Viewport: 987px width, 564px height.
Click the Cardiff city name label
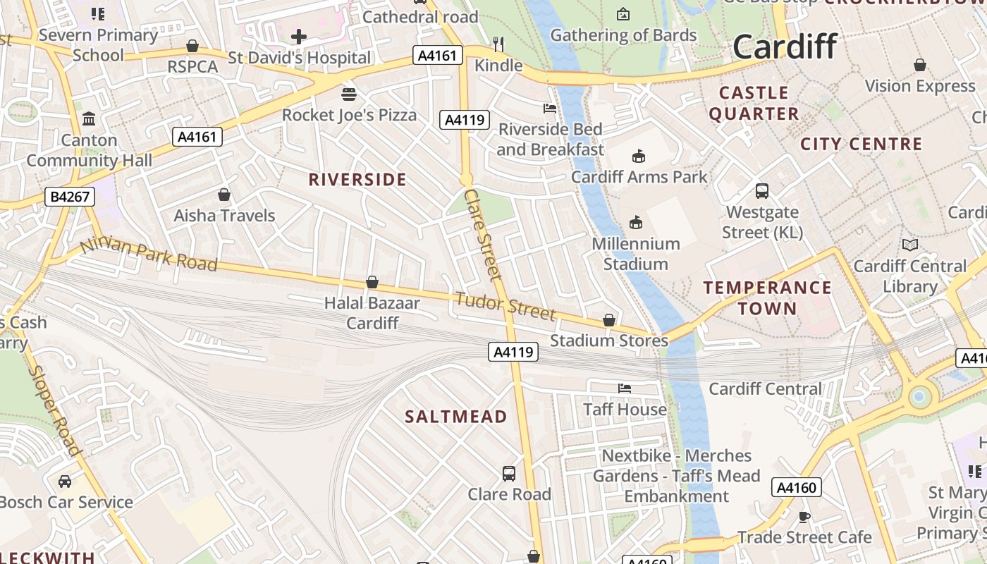point(785,47)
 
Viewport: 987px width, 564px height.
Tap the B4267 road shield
point(70,197)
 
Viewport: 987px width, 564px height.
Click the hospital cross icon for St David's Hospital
point(299,37)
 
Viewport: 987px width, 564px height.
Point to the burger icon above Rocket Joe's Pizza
point(349,94)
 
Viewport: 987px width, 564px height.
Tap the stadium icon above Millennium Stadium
point(636,223)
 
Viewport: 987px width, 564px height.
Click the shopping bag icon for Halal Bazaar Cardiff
point(372,283)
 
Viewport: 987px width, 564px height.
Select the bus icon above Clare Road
point(509,474)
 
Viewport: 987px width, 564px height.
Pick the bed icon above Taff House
point(625,388)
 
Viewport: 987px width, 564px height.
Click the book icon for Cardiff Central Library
point(910,245)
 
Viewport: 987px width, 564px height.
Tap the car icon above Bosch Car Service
point(65,482)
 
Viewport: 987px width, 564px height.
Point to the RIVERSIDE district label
point(357,180)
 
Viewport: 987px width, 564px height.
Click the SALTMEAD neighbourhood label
point(455,417)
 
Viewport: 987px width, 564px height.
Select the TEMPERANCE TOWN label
point(767,298)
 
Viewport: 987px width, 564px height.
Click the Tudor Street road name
point(505,305)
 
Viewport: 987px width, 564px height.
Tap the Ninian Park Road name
point(148,255)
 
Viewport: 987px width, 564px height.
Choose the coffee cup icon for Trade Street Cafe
point(804,517)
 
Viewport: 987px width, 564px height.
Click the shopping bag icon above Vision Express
point(919,66)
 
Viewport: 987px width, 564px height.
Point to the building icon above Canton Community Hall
point(89,119)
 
